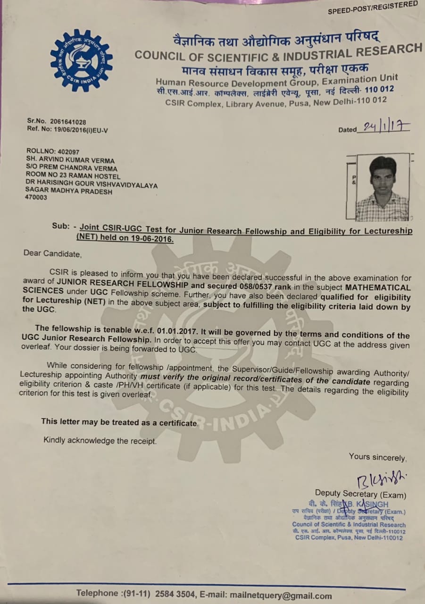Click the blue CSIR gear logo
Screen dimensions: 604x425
point(81,60)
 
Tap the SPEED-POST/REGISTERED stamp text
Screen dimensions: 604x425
point(373,7)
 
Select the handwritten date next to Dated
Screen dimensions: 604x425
point(384,127)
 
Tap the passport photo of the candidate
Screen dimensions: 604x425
point(382,187)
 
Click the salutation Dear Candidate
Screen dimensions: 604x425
point(52,253)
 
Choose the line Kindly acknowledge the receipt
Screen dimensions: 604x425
point(100,441)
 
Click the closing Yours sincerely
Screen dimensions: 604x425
point(377,457)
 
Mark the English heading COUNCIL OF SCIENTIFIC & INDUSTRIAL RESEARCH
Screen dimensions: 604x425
point(278,53)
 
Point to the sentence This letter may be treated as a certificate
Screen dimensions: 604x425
point(119,422)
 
